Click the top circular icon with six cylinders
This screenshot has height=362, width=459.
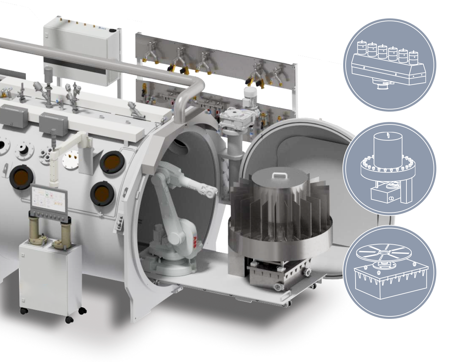click(389, 65)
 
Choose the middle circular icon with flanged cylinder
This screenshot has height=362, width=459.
click(389, 169)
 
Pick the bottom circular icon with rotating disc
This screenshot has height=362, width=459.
click(389, 272)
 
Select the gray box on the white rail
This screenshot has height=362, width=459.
click(53, 121)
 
